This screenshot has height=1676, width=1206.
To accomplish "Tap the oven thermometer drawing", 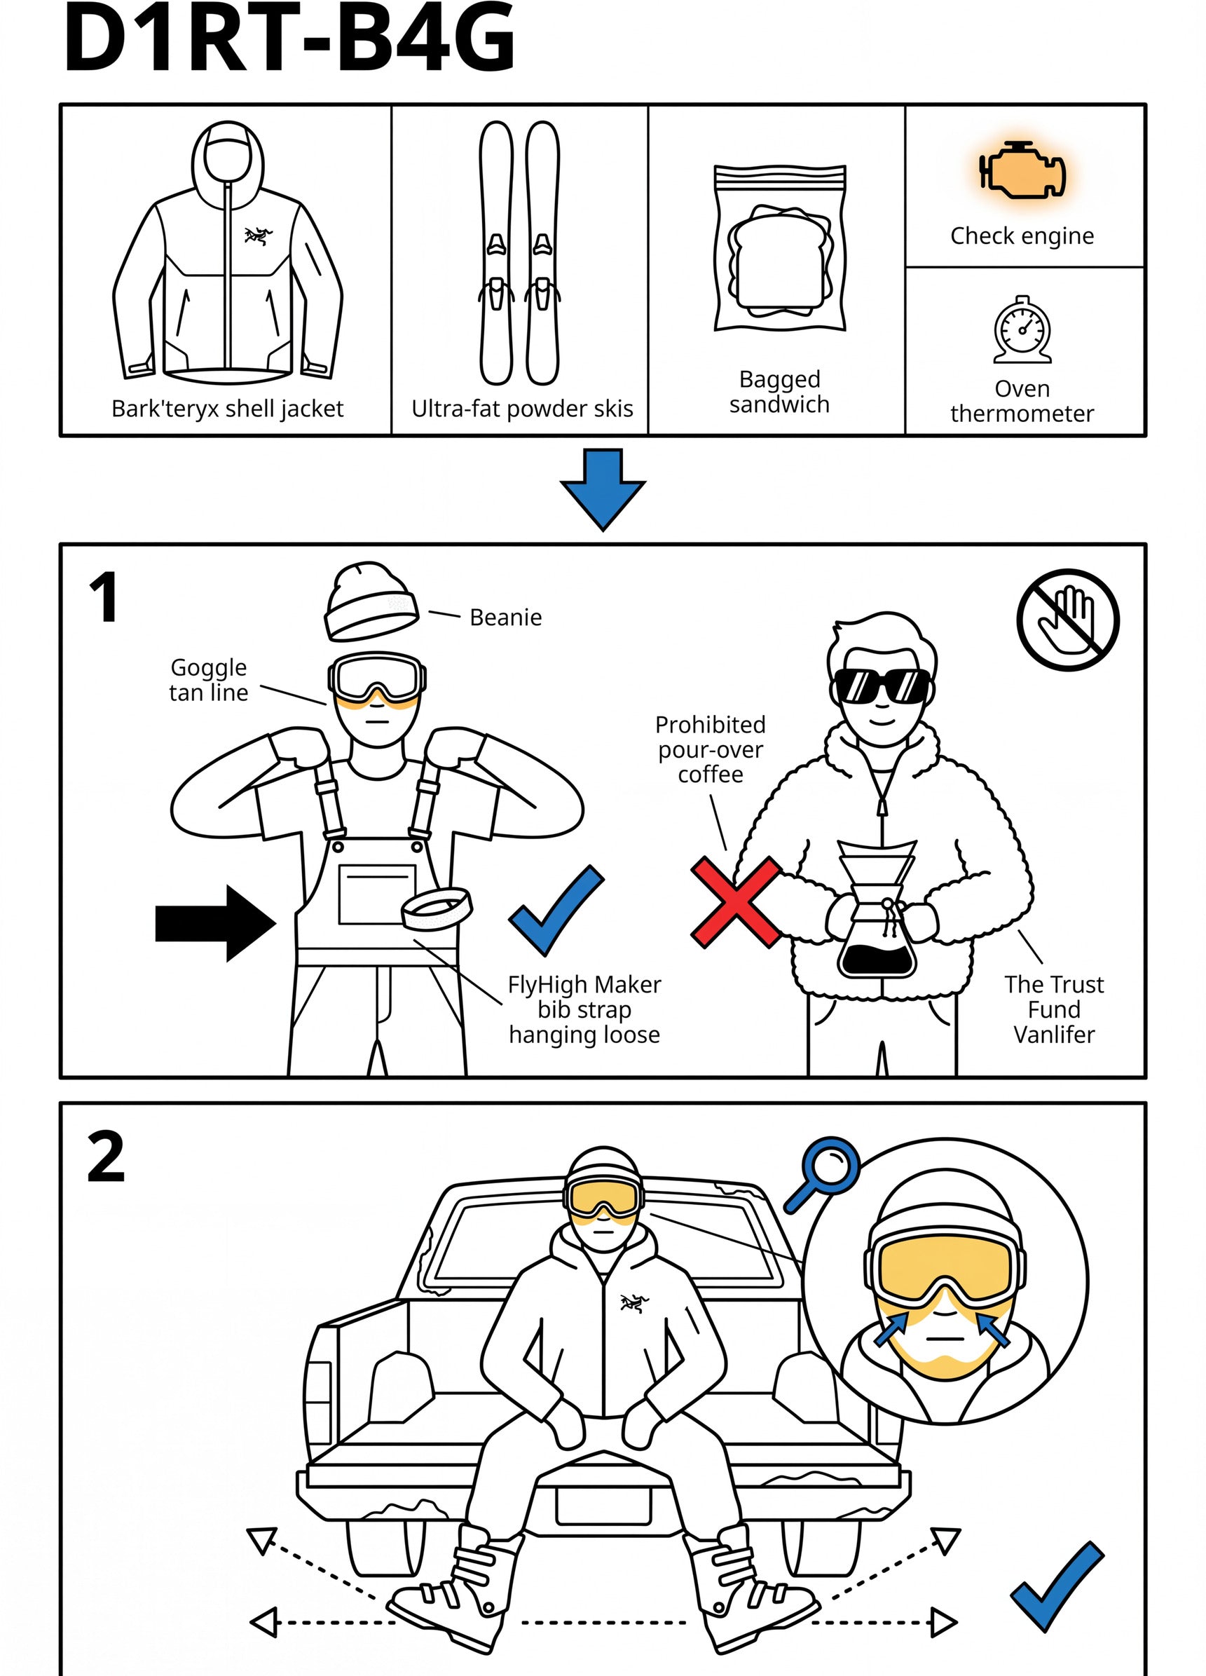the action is click(x=1022, y=330).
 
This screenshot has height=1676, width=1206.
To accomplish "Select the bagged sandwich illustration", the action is click(x=780, y=248).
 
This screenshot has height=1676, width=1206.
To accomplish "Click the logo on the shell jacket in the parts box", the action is click(x=258, y=236).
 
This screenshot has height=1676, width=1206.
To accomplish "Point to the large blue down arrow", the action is click(x=603, y=489).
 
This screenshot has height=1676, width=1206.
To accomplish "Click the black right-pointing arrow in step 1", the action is click(x=216, y=923).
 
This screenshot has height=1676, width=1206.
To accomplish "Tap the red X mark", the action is click(x=736, y=901).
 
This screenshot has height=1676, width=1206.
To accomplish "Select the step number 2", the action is click(x=106, y=1157).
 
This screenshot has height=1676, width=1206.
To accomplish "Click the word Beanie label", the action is click(x=505, y=617).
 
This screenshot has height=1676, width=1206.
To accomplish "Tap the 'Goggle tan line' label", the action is click(x=208, y=680).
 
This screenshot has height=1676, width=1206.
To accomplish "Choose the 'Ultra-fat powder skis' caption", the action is click(x=523, y=409).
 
